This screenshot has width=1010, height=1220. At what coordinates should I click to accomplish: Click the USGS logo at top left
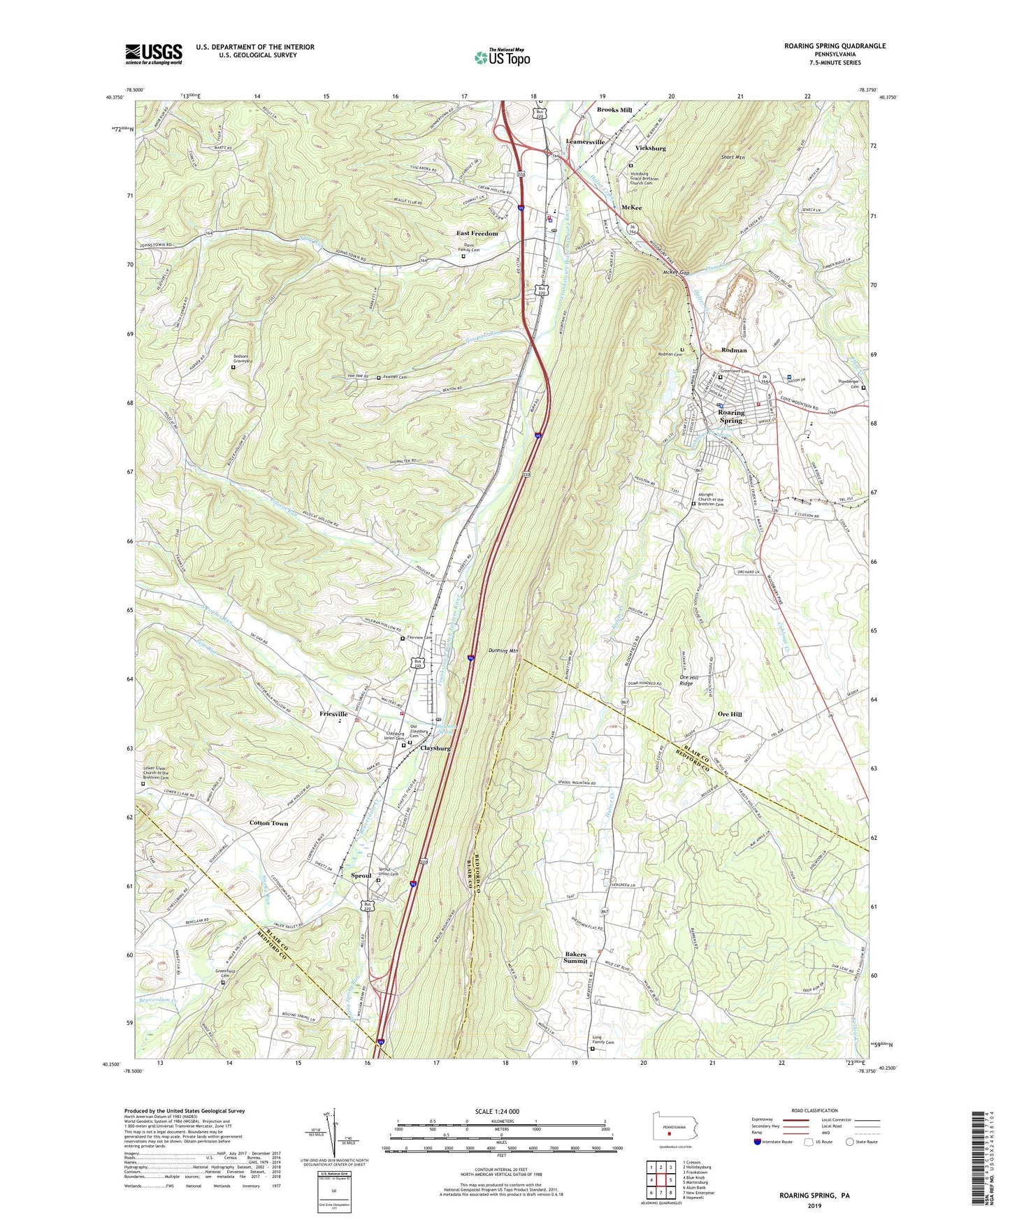pyautogui.click(x=154, y=54)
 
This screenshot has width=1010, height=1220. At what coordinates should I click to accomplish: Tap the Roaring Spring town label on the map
pyautogui.click(x=731, y=416)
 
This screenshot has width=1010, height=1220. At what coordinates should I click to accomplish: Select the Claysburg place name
pyautogui.click(x=435, y=748)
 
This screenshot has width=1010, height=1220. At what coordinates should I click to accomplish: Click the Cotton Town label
pyautogui.click(x=269, y=823)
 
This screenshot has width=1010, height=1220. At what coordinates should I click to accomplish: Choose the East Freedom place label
pyautogui.click(x=477, y=233)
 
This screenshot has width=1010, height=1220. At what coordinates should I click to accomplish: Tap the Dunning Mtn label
pyautogui.click(x=503, y=651)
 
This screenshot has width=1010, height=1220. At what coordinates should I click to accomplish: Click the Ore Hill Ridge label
pyautogui.click(x=686, y=680)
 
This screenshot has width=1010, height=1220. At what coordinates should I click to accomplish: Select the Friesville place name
pyautogui.click(x=333, y=714)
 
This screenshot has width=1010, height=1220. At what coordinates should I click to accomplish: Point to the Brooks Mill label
pyautogui.click(x=614, y=110)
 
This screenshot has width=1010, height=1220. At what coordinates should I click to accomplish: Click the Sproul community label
pyautogui.click(x=361, y=876)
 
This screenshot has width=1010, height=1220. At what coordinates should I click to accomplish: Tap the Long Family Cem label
pyautogui.click(x=602, y=1040)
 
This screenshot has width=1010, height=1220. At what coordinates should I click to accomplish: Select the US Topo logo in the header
pyautogui.click(x=502, y=57)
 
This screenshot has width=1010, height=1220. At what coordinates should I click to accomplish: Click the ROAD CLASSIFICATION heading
pyautogui.click(x=814, y=1110)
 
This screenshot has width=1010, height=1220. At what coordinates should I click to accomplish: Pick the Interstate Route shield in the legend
pyautogui.click(x=758, y=1142)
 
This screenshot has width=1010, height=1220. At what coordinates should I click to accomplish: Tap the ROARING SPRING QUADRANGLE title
pyautogui.click(x=835, y=46)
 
